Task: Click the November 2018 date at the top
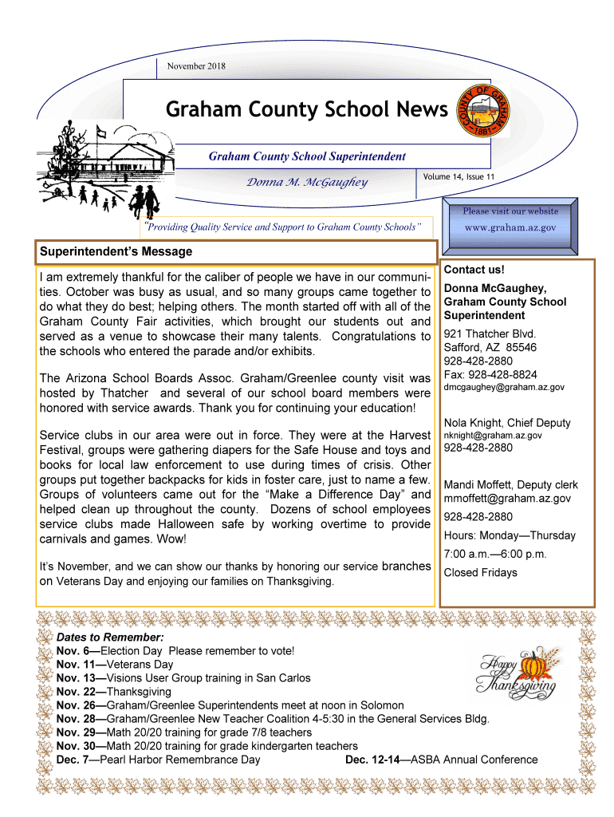click(x=196, y=66)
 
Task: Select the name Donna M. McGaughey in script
click(x=306, y=183)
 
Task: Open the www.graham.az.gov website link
click(x=510, y=227)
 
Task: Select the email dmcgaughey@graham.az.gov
click(x=504, y=387)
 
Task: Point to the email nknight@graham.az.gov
click(x=493, y=436)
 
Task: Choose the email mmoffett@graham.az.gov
click(x=507, y=499)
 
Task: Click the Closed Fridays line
click(x=480, y=572)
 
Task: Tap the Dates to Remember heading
click(x=110, y=638)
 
